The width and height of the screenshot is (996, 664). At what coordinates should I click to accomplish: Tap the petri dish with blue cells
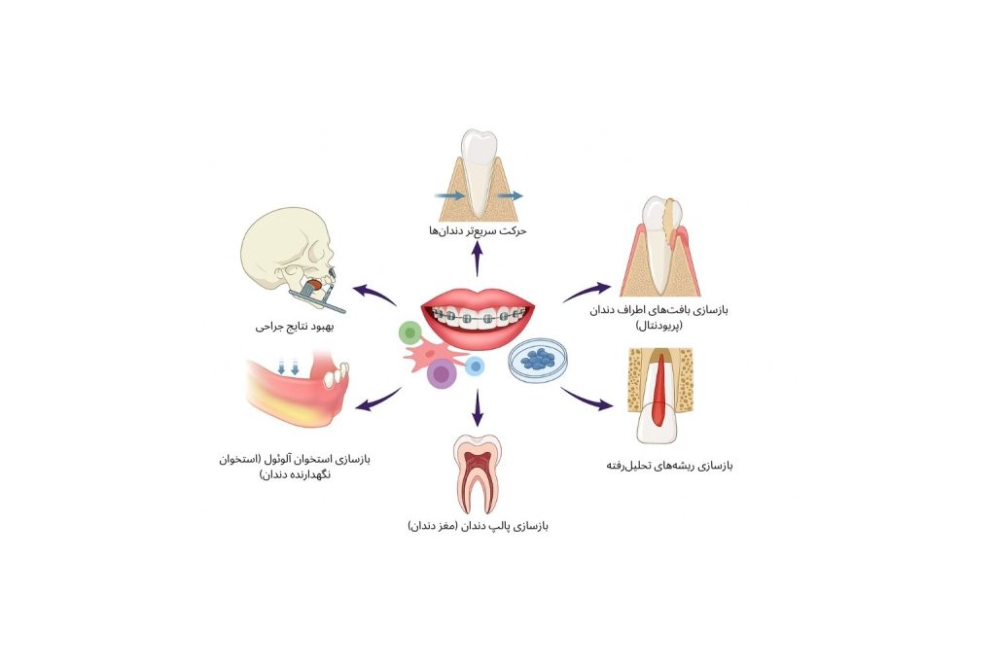(539, 360)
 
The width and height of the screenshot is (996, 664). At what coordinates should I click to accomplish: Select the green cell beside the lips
(409, 333)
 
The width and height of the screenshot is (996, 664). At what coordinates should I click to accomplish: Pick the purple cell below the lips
(444, 373)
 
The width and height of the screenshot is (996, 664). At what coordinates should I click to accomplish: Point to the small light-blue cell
(475, 366)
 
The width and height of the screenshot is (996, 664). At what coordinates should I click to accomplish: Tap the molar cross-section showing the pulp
(477, 472)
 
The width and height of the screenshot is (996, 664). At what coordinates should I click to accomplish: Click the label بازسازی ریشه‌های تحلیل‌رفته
(669, 466)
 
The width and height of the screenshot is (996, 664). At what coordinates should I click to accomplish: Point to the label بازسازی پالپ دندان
(478, 526)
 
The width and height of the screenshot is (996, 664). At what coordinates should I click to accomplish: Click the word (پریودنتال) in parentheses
(662, 326)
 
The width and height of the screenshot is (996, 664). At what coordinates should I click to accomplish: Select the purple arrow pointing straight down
(478, 406)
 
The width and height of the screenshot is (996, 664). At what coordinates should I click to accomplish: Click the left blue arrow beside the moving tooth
(450, 195)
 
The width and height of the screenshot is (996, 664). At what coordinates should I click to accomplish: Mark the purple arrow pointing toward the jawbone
(378, 399)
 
